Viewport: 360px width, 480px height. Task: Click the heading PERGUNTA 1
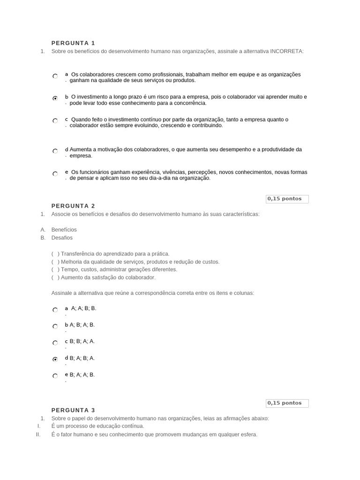[x=73, y=43]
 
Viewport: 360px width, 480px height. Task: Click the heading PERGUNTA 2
[x=73, y=206]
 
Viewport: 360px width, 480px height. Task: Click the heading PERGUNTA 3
[x=73, y=410]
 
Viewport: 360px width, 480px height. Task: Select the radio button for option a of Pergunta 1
[x=55, y=76]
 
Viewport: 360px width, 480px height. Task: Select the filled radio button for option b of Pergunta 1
[x=55, y=98]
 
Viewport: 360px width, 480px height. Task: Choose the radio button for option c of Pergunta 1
[x=55, y=121]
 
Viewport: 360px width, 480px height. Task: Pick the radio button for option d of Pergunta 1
[x=55, y=151]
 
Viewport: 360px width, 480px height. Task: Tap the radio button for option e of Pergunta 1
[x=55, y=174]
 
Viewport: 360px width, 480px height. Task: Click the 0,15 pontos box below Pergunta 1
[x=287, y=199]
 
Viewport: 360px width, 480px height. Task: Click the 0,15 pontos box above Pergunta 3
[x=287, y=403]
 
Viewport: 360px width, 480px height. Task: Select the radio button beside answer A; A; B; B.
[x=55, y=310]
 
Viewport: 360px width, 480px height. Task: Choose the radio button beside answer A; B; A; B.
[x=55, y=326]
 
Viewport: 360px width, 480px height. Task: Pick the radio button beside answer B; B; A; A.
[x=55, y=343]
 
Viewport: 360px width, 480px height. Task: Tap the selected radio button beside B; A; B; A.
[x=55, y=360]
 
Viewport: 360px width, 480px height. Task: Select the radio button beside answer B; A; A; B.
[x=55, y=376]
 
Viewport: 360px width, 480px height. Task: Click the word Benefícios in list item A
[x=64, y=230]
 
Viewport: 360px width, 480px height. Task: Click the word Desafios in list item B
[x=62, y=238]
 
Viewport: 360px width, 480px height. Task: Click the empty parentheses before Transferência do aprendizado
[x=55, y=254]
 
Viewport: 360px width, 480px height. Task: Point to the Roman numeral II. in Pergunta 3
[x=38, y=435]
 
